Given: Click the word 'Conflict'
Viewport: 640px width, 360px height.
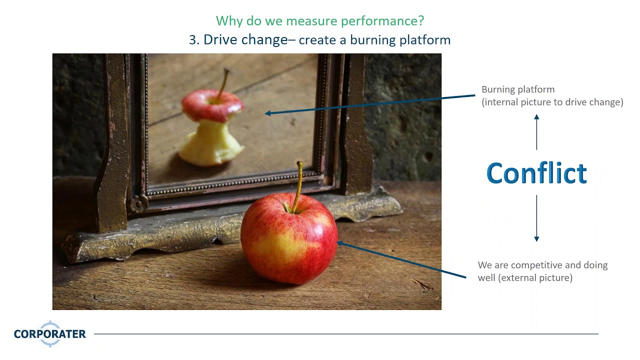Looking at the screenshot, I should point(536,173).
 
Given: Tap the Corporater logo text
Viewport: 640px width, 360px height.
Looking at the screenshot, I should point(49,334).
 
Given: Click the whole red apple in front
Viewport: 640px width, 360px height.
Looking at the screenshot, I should point(289,239).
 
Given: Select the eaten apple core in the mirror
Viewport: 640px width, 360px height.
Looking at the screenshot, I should point(212,127).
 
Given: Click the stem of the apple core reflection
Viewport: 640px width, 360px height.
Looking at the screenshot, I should point(223,83).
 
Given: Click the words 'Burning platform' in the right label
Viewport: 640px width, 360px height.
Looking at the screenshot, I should point(517,89).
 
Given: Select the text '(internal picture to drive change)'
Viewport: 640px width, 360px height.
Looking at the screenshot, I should point(552,102).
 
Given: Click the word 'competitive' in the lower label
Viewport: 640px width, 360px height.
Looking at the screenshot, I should point(537,265).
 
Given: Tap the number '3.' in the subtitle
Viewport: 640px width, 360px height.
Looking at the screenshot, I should point(194,40).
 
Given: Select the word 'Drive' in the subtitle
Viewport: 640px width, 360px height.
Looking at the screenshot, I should point(219,40).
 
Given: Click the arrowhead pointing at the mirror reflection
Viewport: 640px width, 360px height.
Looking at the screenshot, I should point(268,113).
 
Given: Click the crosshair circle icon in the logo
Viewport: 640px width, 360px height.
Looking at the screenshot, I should point(50,334).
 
